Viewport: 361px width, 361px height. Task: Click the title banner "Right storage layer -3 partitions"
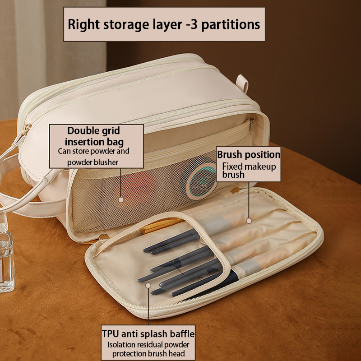[164, 24]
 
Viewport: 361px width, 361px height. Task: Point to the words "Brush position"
[249, 155]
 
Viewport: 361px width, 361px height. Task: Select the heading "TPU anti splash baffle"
[148, 334]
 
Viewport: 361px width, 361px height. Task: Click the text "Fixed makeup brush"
[249, 170]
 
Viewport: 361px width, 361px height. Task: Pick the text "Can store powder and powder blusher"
[93, 157]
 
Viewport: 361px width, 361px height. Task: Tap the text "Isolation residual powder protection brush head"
[148, 349]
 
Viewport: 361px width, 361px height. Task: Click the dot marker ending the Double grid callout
[120, 199]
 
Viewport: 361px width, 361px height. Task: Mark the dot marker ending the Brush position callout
[249, 221]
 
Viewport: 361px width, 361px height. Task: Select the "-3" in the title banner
[191, 24]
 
